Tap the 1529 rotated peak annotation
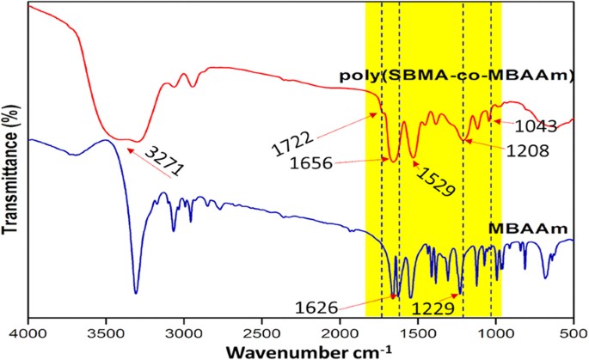[x=433, y=178]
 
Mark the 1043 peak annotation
[x=537, y=127]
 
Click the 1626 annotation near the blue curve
[x=341, y=305]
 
